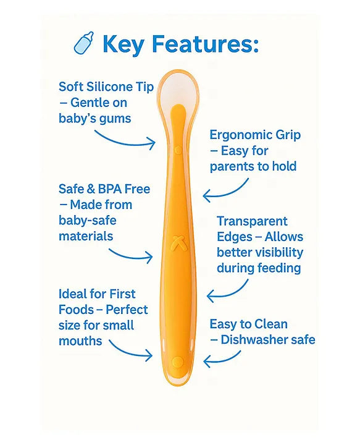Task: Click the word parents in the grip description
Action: click(x=232, y=166)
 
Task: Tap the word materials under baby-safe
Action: click(x=86, y=236)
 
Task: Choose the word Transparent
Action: click(x=252, y=221)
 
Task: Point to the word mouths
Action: click(x=80, y=341)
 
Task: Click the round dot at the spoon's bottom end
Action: click(x=178, y=362)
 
